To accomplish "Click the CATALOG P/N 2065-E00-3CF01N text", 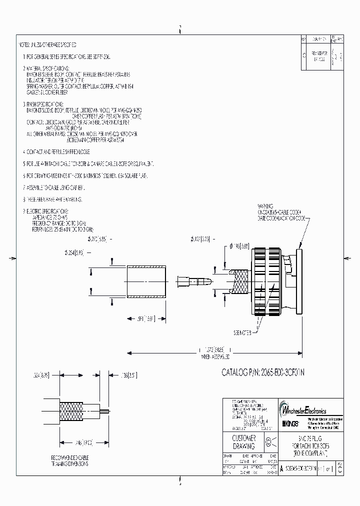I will (271, 372).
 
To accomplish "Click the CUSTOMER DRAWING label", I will (244, 442).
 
